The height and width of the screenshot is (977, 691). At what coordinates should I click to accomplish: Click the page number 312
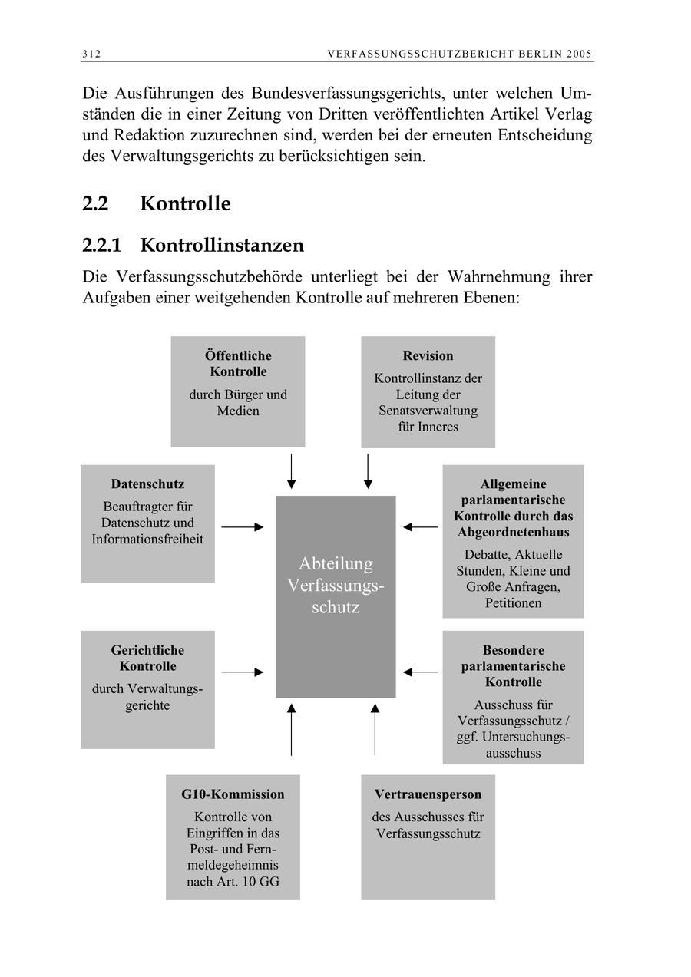point(91,54)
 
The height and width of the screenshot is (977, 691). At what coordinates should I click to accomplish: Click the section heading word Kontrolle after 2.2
point(185,204)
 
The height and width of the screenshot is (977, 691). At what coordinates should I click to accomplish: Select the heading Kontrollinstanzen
point(222,246)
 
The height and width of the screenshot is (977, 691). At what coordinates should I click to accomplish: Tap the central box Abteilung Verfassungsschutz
point(336,596)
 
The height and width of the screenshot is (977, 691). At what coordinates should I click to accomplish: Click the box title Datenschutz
point(147,484)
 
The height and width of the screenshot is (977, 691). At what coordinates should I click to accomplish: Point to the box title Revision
point(428,355)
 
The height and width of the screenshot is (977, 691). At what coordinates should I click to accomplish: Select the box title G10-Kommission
point(233,794)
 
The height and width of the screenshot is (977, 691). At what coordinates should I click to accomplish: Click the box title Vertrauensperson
point(428,794)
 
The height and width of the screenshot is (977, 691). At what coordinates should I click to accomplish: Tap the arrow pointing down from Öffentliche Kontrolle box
point(291,471)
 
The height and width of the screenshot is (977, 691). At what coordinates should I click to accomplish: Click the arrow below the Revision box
point(368,471)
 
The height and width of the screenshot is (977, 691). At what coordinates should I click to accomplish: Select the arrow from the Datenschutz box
point(242,527)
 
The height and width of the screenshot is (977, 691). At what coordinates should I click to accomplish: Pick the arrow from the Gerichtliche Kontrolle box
point(242,672)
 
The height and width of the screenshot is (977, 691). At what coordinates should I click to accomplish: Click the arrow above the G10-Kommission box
point(291,728)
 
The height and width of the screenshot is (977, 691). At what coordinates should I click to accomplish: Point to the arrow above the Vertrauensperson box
point(375,728)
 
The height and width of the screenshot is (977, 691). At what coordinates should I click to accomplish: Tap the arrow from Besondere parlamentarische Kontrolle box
point(421,672)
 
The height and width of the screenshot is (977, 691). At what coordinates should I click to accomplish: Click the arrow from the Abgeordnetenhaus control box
point(421,527)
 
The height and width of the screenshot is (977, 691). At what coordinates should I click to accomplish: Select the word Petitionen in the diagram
point(513,603)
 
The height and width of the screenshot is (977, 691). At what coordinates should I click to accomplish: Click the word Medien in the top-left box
point(238,411)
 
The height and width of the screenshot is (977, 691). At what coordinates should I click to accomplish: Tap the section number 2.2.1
point(102,246)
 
